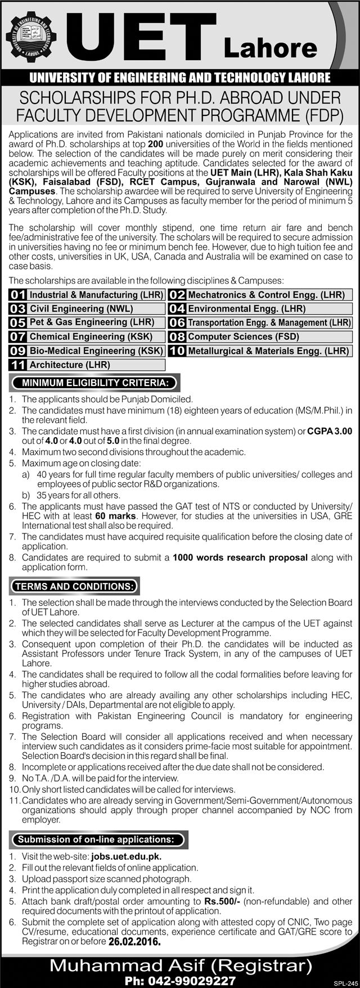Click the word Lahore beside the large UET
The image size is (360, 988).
[x=270, y=48]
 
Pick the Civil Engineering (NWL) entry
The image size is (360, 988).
[x=81, y=309]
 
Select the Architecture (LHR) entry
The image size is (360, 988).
[x=69, y=365]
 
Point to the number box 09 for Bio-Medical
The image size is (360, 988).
[x=18, y=351]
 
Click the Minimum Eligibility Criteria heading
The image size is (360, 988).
[x=94, y=383]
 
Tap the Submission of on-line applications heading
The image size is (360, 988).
[x=95, y=839]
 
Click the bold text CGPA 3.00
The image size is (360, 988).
[x=330, y=432]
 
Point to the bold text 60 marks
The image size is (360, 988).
[x=115, y=516]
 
